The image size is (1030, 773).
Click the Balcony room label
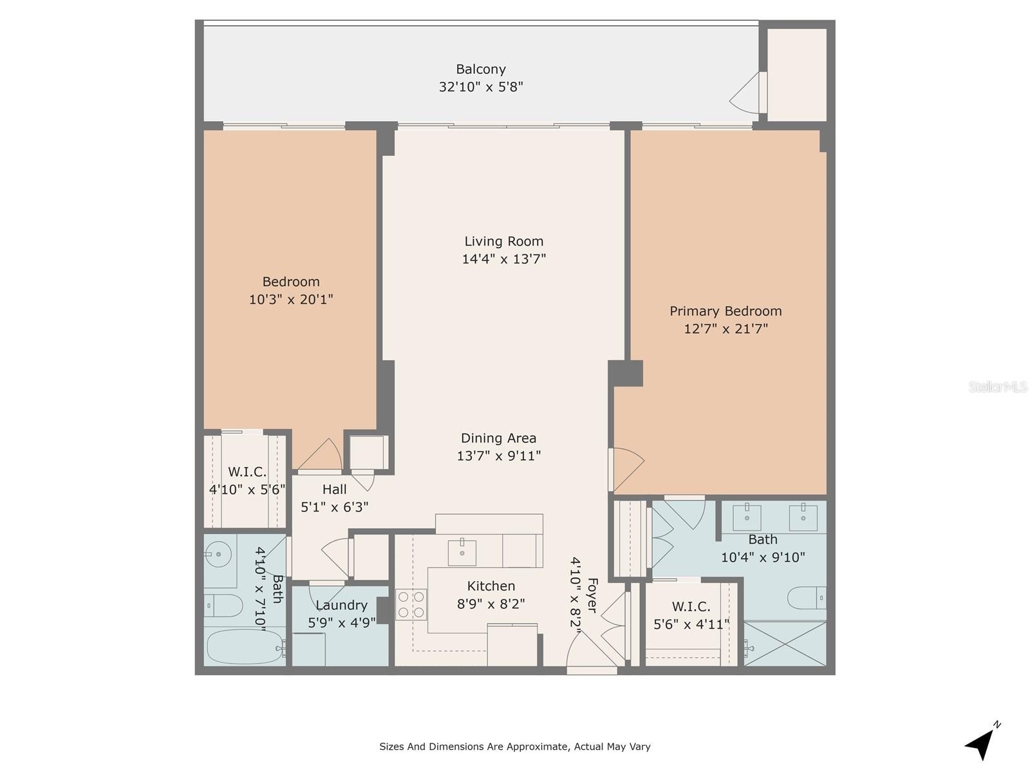(480, 70)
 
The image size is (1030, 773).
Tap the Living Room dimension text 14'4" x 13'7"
(504, 259)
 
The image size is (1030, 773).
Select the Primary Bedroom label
(726, 311)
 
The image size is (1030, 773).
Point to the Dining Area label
(498, 439)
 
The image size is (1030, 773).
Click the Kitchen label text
(491, 586)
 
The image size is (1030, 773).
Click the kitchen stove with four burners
(411, 604)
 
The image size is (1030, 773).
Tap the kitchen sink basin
(462, 553)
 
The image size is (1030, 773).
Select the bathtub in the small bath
(245, 646)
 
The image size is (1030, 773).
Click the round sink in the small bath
(218, 554)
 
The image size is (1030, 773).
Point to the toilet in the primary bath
(807, 598)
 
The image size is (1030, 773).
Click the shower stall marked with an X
(785, 644)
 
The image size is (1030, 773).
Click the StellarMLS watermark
(997, 386)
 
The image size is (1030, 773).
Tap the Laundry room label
(341, 606)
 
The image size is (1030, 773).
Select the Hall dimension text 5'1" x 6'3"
(335, 508)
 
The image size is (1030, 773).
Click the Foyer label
(592, 595)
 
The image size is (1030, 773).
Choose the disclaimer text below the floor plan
(515, 747)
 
